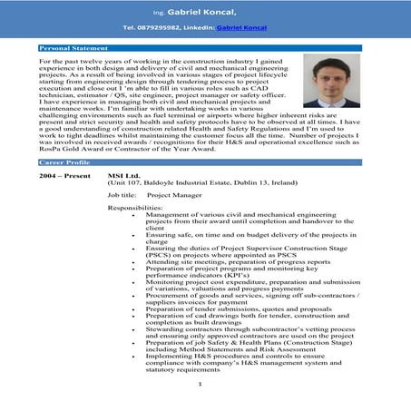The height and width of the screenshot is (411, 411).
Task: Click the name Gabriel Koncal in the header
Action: tap(213, 12)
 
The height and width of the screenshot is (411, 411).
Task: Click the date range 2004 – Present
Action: tap(64, 173)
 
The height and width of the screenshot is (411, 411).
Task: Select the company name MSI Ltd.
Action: tap(124, 173)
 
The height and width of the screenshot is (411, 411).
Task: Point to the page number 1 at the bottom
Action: tap(199, 385)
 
